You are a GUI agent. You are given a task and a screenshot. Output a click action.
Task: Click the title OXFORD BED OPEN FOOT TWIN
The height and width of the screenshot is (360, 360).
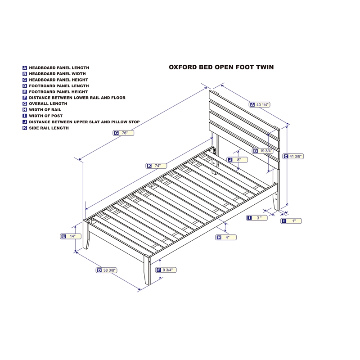[x=221, y=67]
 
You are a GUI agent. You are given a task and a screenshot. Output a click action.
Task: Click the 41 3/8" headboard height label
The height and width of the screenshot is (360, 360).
[x=293, y=157]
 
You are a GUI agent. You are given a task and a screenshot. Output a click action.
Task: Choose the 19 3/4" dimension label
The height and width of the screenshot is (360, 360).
[x=263, y=151]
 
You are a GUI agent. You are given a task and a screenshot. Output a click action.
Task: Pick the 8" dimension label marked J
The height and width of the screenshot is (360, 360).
[x=237, y=160]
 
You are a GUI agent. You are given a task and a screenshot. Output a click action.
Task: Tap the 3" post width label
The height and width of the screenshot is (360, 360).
[x=257, y=218]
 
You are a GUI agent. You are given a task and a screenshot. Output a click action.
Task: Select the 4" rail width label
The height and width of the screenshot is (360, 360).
[x=226, y=237]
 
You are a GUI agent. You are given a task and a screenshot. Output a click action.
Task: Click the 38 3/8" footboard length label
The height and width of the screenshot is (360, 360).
[x=107, y=270]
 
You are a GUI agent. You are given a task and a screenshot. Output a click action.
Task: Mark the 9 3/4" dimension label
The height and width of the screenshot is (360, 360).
[x=166, y=270]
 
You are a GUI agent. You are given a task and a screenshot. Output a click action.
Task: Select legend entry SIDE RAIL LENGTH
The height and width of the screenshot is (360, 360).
[x=49, y=128]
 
